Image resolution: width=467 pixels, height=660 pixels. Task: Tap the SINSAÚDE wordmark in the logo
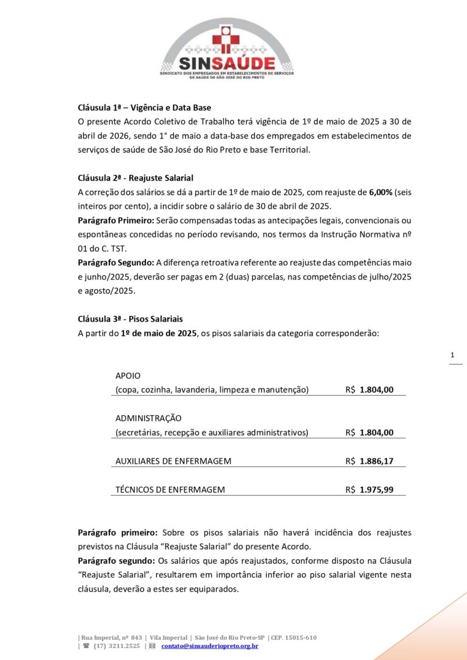coord(226,63)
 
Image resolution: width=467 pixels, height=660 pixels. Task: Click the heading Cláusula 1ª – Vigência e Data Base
coord(144,107)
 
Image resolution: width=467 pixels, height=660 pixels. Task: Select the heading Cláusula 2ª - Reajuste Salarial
coord(135,178)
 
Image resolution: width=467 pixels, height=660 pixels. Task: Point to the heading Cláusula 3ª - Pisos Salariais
coord(130,319)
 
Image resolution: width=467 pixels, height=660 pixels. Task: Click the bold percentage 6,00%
coord(381,192)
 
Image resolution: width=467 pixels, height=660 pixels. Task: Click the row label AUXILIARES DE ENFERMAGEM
coord(173,461)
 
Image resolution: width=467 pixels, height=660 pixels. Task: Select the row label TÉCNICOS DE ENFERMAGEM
coord(170,490)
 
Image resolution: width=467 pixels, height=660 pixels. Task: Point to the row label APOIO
coord(128,376)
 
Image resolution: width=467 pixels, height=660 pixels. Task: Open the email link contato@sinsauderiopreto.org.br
coord(210,646)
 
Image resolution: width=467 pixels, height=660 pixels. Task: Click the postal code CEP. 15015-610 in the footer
coord(294,638)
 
